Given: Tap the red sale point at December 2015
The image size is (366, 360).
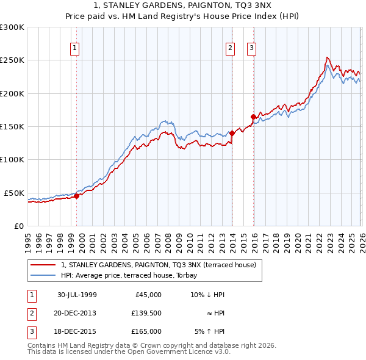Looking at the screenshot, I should point(253,117).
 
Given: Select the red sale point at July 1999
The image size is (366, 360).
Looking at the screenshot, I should point(77,196).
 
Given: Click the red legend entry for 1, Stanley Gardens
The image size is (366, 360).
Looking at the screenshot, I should point(162,264).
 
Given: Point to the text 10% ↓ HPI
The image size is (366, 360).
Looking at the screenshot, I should point(209,295).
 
